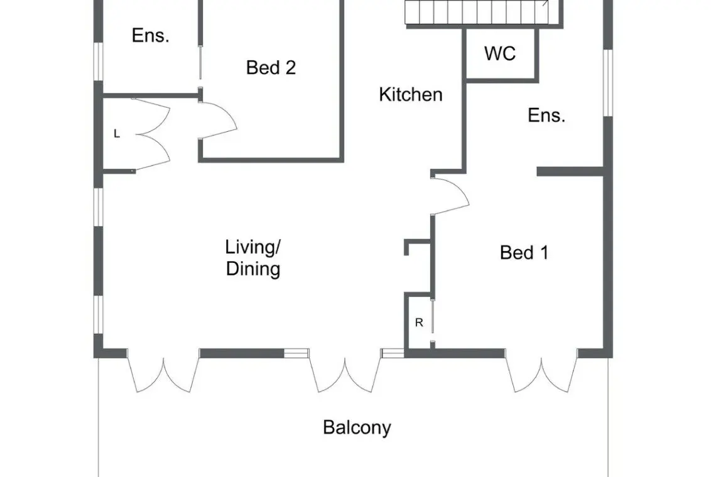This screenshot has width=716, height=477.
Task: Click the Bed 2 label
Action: click(x=271, y=68)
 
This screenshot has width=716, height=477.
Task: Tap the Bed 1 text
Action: click(x=524, y=252)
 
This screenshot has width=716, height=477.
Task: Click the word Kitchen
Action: click(x=411, y=95)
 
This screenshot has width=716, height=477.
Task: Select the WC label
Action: click(x=500, y=53)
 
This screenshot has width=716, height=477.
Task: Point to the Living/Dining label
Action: click(x=253, y=258)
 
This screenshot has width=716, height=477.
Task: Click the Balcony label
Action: click(x=357, y=427)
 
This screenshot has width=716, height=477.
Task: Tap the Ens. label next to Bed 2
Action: click(x=150, y=35)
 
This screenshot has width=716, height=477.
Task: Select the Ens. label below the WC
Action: click(x=546, y=115)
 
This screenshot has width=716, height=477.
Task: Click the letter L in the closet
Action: click(x=116, y=134)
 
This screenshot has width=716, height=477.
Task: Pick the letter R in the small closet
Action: click(x=419, y=323)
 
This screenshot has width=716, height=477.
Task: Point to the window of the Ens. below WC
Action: click(x=608, y=82)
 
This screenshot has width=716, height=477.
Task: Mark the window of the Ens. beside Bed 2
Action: click(x=99, y=62)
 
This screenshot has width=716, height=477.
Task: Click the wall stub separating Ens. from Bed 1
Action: click(x=571, y=171)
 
